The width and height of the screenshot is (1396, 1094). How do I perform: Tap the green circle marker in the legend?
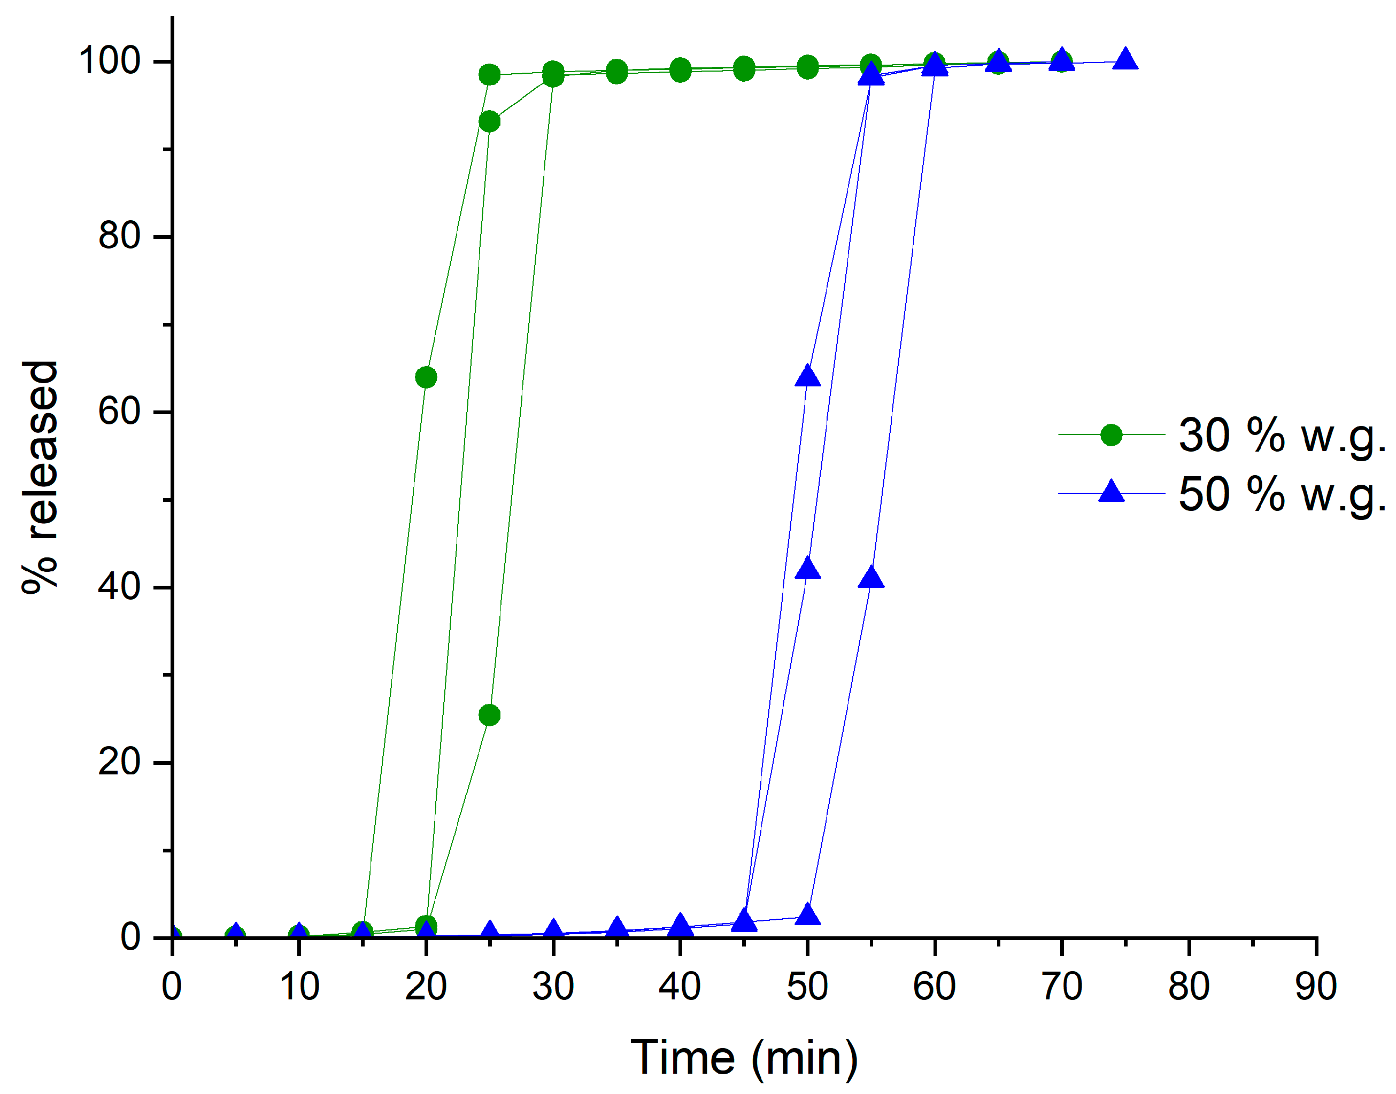click(x=1112, y=435)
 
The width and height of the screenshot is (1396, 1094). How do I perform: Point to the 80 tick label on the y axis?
click(x=120, y=236)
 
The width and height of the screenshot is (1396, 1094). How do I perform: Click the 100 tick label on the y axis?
click(x=110, y=61)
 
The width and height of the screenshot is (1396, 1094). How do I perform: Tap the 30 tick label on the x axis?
click(x=553, y=987)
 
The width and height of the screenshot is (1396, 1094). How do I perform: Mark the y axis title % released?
click(x=40, y=477)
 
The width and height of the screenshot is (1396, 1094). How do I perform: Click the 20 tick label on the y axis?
click(x=120, y=762)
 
